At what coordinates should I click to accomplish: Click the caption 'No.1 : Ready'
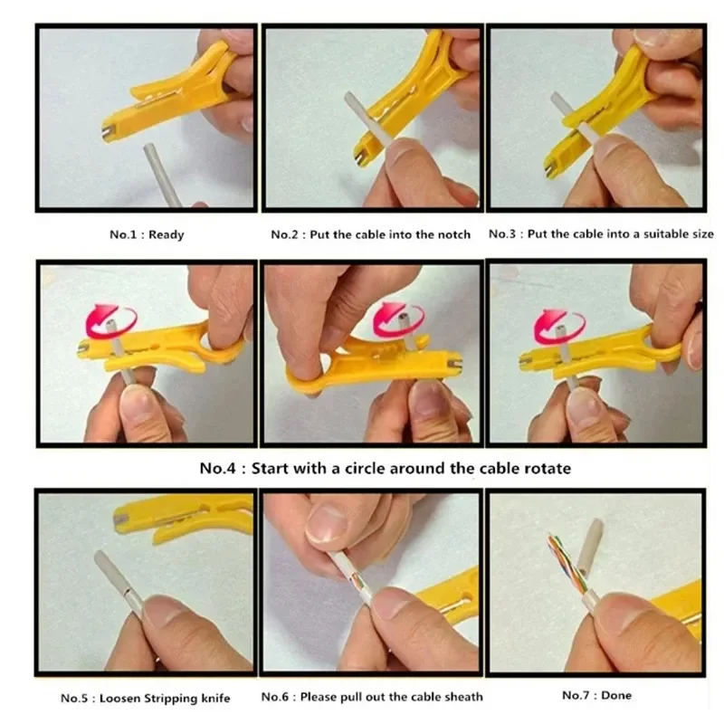[x=147, y=234]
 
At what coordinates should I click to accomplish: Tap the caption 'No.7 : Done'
[x=596, y=695]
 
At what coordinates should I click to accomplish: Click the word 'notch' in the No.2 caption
[x=452, y=234]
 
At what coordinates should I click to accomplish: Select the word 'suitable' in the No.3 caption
[x=637, y=234]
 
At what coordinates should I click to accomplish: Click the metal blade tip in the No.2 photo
[x=360, y=156]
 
